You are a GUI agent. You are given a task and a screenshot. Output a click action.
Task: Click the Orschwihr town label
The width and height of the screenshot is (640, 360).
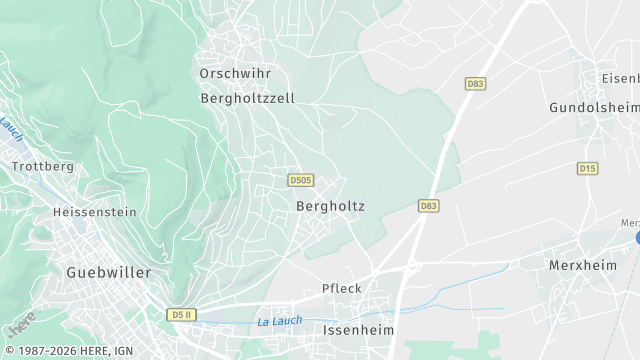pos(235,74)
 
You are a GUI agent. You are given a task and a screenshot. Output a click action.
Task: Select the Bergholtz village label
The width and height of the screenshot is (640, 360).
pos(330,206)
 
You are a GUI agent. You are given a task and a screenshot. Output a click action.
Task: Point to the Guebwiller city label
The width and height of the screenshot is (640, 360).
pos(108,272)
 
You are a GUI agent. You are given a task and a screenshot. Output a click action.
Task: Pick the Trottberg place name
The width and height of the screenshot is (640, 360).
pos(43,166)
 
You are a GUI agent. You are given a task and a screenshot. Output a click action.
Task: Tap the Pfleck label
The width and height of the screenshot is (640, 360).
pos(342,288)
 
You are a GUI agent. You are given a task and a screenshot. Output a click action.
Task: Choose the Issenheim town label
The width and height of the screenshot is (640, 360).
pos(359,329)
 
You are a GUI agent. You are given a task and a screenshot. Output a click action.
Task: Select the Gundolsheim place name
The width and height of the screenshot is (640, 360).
pos(594,106)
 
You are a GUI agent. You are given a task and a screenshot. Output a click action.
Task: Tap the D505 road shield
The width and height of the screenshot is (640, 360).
pos(300,180)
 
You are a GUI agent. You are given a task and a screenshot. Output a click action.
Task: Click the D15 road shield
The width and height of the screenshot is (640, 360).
pos(587,168)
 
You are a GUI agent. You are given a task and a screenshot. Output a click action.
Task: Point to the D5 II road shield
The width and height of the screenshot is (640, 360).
pos(181,314)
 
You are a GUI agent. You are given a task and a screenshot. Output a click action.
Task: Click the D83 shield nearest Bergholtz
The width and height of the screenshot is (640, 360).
pos(428,205)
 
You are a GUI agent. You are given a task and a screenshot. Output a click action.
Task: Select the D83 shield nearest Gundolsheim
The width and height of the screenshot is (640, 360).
pos(475,85)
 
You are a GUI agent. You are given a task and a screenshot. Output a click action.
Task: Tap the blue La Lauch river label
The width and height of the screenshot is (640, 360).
pos(279,321)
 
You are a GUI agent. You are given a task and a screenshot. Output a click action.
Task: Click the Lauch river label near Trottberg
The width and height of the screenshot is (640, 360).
pos(11,128)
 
